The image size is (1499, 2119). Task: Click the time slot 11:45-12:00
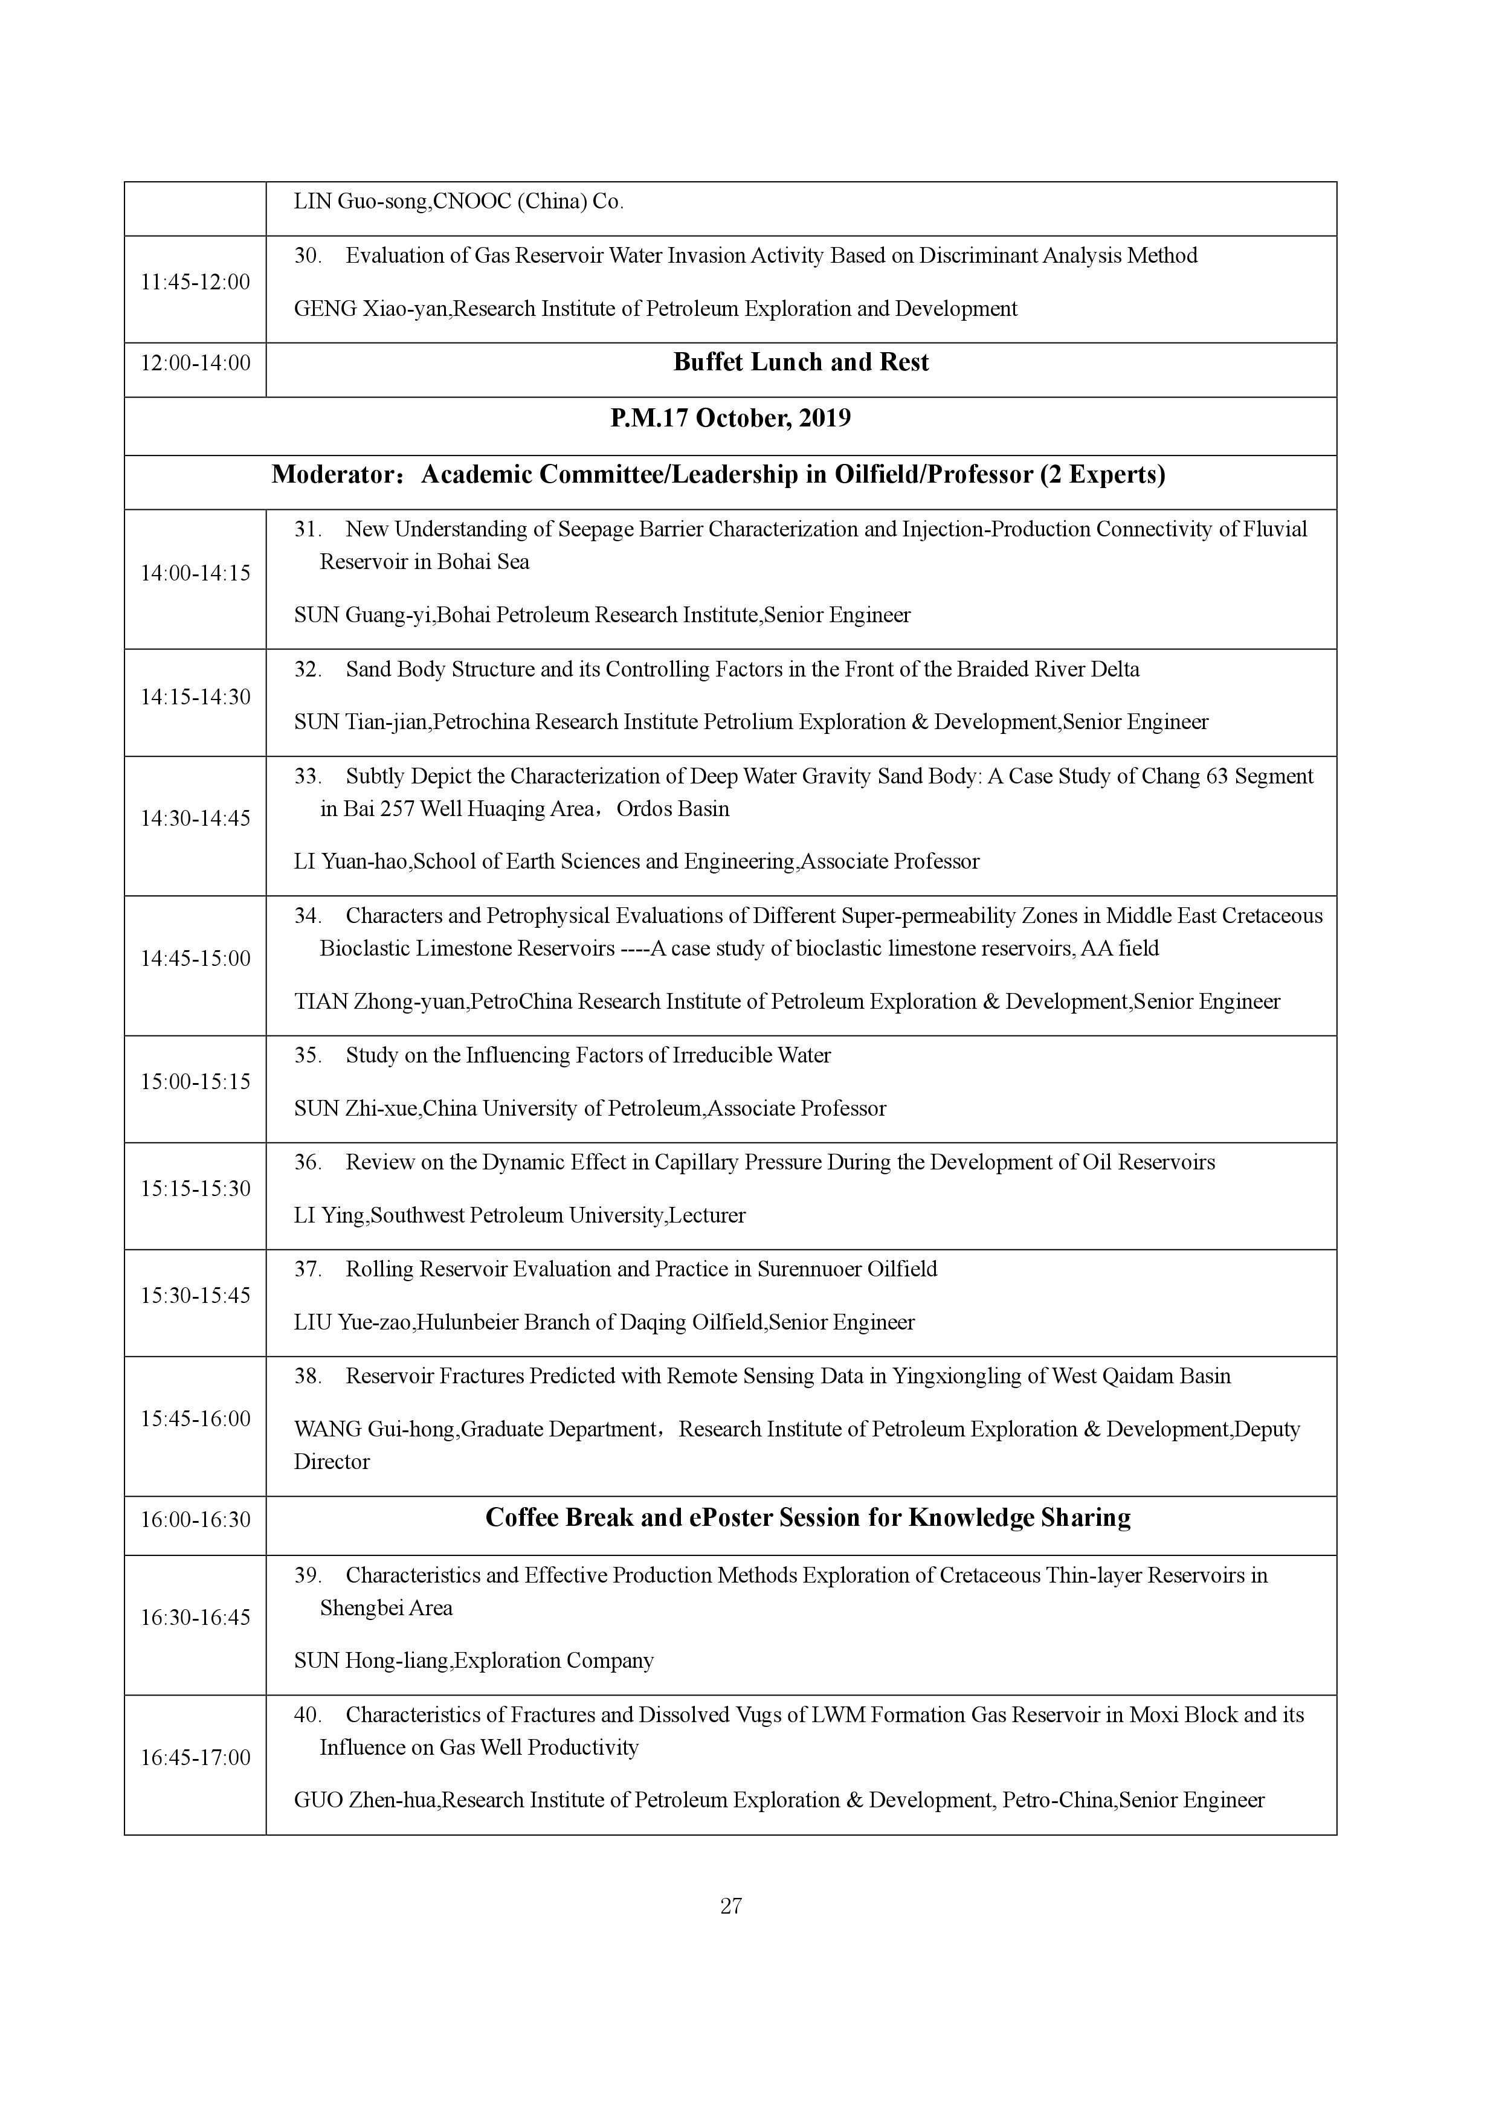pos(195,283)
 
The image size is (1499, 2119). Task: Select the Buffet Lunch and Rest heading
pos(801,362)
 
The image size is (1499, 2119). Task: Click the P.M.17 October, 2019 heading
pos(730,419)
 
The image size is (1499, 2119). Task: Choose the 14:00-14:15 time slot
pos(195,573)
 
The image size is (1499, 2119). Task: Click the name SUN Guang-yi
pos(363,616)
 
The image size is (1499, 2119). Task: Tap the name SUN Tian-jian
pos(361,722)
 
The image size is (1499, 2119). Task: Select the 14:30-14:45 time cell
pos(195,818)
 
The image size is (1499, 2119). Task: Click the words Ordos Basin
pos(673,809)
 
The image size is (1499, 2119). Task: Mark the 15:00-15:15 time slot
pos(195,1082)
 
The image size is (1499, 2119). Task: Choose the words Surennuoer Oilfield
pos(847,1270)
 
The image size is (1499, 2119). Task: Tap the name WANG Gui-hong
pos(374,1430)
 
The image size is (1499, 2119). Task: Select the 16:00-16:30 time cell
pos(195,1519)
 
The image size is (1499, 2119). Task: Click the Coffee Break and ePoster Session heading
pos(808,1518)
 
